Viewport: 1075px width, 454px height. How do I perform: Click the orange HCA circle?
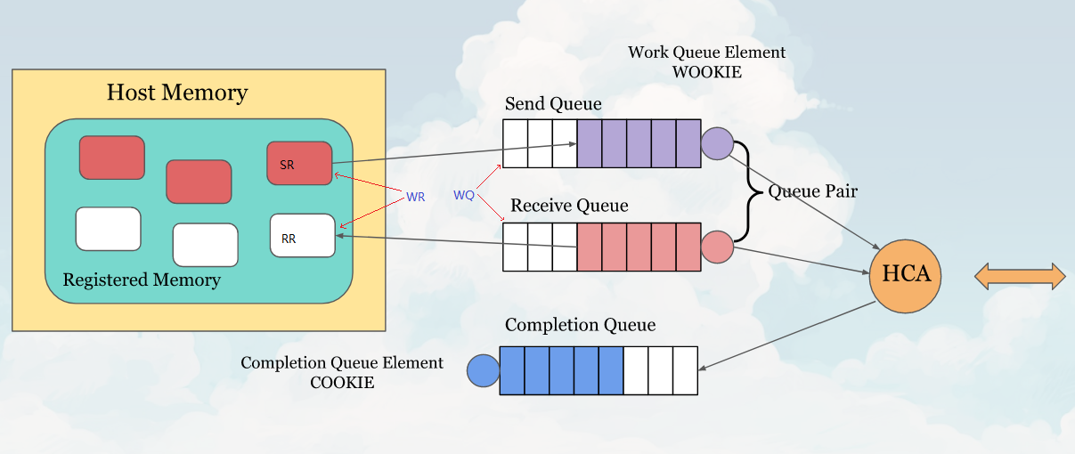tap(906, 275)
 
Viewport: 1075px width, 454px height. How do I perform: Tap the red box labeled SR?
tap(299, 164)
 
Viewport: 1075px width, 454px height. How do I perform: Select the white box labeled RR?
tap(302, 236)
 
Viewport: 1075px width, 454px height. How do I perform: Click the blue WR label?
tap(415, 197)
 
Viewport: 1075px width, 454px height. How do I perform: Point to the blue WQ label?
tap(463, 195)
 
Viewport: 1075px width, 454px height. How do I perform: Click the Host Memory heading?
tap(177, 93)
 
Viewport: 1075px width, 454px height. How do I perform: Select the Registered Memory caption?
tap(142, 280)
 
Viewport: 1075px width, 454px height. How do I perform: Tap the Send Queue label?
tap(553, 104)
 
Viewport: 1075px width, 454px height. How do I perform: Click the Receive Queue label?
tap(569, 206)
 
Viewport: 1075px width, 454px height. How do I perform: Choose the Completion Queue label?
tap(580, 325)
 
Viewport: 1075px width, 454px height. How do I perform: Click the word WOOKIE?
tap(707, 72)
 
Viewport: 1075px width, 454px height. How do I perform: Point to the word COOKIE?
tap(342, 383)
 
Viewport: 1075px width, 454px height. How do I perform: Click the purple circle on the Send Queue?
tap(717, 143)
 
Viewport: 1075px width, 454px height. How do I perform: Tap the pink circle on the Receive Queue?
tap(717, 247)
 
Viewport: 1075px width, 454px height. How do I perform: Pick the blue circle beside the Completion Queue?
tap(484, 370)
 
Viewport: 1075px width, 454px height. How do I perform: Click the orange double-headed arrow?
tap(1020, 276)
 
